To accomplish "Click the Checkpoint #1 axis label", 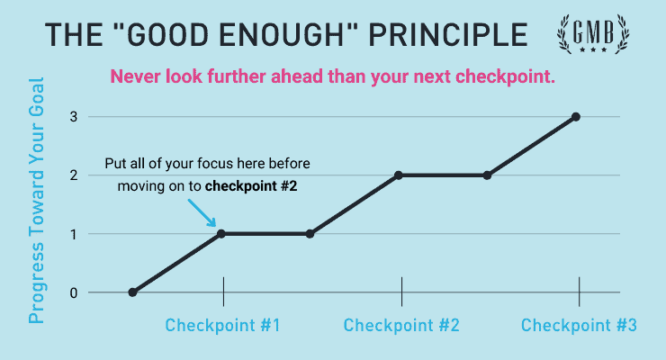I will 222,325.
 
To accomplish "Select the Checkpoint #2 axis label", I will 401,325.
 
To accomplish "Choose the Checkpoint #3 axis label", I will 579,325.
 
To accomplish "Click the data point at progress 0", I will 133,292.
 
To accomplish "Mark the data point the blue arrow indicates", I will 222,234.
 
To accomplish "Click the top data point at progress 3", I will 576,117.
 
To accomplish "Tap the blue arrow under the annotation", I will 203,214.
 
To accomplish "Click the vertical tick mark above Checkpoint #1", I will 222,292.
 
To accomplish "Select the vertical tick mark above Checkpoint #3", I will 579,292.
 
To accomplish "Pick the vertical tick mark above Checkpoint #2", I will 401,292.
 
